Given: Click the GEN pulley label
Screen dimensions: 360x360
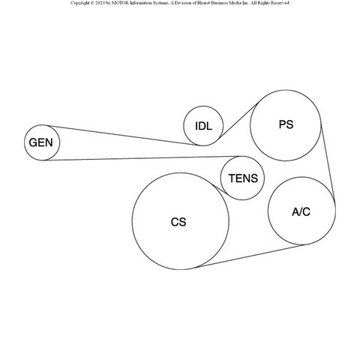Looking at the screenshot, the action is click(x=40, y=142).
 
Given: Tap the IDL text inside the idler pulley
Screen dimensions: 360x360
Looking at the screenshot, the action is click(x=203, y=126).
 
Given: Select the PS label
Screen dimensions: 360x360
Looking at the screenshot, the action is click(x=286, y=124).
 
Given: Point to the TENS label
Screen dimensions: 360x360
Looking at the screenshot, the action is click(x=243, y=178).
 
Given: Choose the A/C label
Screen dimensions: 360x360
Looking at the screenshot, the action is click(x=301, y=212).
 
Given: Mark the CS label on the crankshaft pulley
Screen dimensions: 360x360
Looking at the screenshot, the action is click(x=178, y=222).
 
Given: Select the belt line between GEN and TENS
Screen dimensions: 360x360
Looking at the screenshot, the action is click(x=143, y=158).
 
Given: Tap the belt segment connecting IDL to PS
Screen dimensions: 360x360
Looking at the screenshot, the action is click(x=238, y=121).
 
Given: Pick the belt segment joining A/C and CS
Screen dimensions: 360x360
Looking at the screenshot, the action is click(x=250, y=256).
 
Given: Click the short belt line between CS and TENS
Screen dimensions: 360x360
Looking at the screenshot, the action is click(x=220, y=190).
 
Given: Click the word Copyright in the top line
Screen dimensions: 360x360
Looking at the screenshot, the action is click(x=80, y=3).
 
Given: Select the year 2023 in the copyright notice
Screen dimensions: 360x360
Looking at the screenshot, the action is click(x=100, y=3).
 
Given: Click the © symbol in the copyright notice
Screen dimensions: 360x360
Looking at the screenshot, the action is click(x=92, y=3).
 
